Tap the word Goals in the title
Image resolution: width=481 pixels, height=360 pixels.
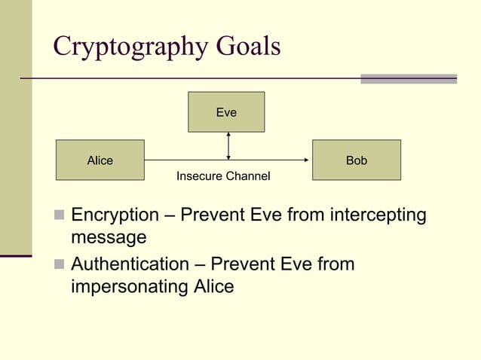243,46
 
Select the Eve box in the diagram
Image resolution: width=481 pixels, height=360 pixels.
226,112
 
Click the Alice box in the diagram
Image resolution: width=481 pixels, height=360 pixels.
100,160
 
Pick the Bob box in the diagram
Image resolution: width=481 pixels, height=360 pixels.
357,160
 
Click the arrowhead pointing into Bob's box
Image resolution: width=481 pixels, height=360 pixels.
307,160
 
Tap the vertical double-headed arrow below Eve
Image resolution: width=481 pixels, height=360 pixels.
228,146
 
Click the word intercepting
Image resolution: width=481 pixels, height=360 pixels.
378,216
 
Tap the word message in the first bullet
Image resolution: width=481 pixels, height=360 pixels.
108,238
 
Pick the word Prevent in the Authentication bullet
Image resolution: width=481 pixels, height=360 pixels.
243,264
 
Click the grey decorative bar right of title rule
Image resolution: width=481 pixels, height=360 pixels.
409,78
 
